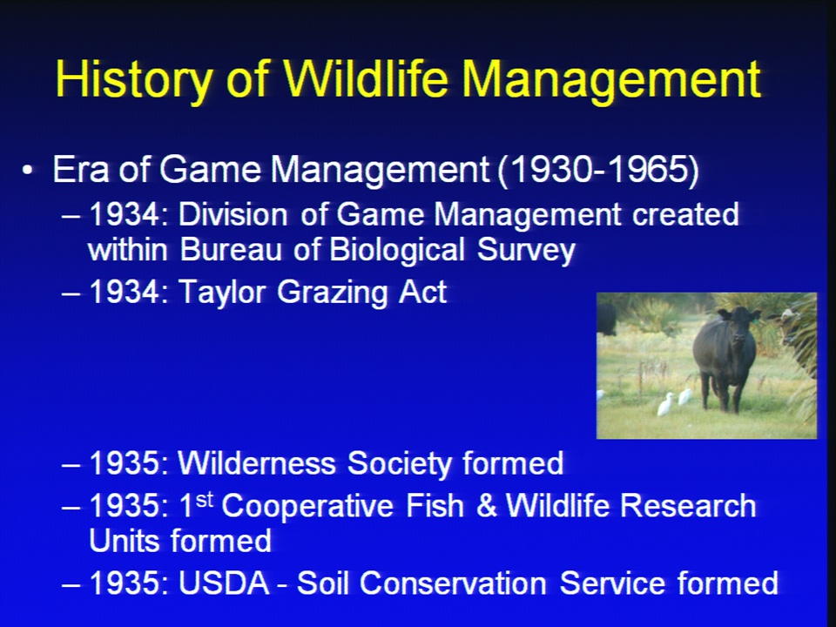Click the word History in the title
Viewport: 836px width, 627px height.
pyautogui.click(x=134, y=80)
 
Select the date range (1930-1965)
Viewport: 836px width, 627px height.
pyautogui.click(x=598, y=170)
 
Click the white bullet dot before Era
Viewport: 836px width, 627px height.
pyautogui.click(x=27, y=171)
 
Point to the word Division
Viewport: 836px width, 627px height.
pyautogui.click(x=233, y=214)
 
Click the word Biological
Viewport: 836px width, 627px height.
pyautogui.click(x=397, y=251)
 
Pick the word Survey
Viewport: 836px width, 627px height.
pyautogui.click(x=526, y=251)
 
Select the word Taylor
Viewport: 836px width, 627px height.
pyautogui.click(x=222, y=293)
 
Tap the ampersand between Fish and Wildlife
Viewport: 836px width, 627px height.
pyautogui.click(x=486, y=505)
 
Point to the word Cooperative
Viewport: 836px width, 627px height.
pyautogui.click(x=307, y=505)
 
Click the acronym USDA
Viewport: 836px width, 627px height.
pyautogui.click(x=224, y=583)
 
